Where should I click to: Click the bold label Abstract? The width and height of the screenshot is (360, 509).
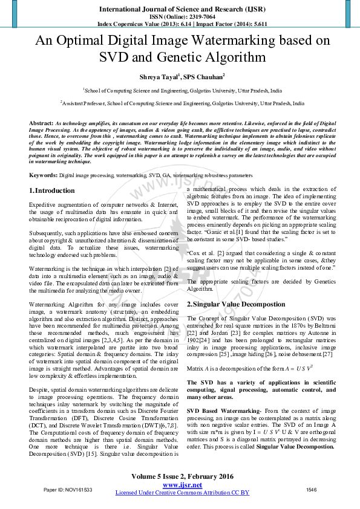[41, 123]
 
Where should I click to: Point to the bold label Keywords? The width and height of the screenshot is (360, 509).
[43, 175]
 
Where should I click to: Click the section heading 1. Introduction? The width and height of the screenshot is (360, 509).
[52, 191]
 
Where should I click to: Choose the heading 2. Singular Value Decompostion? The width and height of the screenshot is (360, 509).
[235, 304]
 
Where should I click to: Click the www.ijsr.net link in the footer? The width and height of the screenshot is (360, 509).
[182, 485]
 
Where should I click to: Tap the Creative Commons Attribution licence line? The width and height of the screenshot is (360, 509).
[182, 493]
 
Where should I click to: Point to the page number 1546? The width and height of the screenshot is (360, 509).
[311, 489]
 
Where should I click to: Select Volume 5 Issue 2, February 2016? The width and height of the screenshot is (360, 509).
[182, 476]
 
